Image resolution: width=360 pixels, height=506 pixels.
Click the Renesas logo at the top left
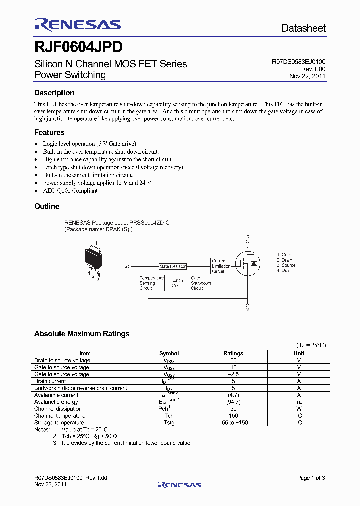tap(77, 24)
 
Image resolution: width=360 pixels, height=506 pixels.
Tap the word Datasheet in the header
tap(303, 28)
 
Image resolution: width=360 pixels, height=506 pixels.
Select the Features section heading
tap(49, 132)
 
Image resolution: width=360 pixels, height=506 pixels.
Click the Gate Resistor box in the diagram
tap(172, 267)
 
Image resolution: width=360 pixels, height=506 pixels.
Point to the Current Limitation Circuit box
tap(221, 266)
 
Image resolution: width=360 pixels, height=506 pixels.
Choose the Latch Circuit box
tap(177, 283)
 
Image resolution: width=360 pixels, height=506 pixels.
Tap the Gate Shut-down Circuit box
tap(200, 283)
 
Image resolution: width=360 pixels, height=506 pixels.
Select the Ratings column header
tap(233, 353)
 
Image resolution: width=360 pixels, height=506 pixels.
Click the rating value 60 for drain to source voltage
tap(233, 360)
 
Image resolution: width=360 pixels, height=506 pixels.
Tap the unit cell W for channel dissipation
tap(299, 409)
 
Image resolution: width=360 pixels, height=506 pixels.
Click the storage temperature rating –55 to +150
tap(233, 423)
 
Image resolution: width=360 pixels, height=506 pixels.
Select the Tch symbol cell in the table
tap(169, 416)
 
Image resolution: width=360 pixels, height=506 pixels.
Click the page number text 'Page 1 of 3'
tap(311, 478)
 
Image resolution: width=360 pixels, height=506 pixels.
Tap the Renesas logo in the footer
tap(179, 484)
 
